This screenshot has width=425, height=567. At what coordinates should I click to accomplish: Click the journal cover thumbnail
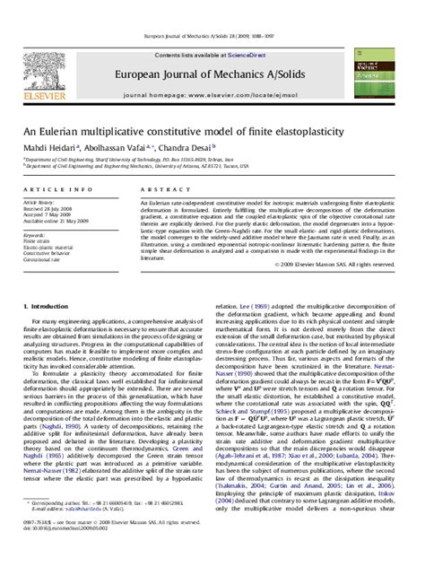[x=390, y=65]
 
